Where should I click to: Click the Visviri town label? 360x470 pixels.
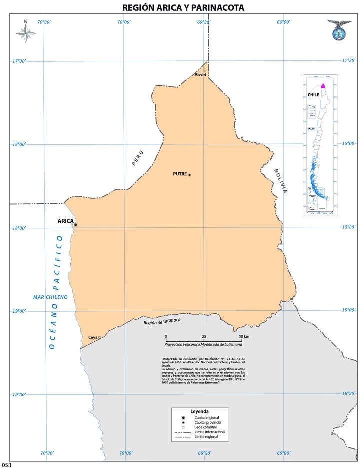[200, 75]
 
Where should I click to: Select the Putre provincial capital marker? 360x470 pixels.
[190, 175]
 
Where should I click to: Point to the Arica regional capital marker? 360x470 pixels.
[75, 225]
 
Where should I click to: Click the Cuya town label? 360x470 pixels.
[93, 338]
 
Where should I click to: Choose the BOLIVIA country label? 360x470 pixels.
[281, 180]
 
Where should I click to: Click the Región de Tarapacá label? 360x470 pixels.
[161, 322]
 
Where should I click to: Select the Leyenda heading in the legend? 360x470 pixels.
[199, 411]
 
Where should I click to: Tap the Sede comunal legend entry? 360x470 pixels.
[204, 427]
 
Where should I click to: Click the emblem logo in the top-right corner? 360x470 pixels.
[339, 30]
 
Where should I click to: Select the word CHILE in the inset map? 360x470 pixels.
[313, 94]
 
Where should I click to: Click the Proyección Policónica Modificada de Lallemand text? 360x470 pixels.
[203, 344]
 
